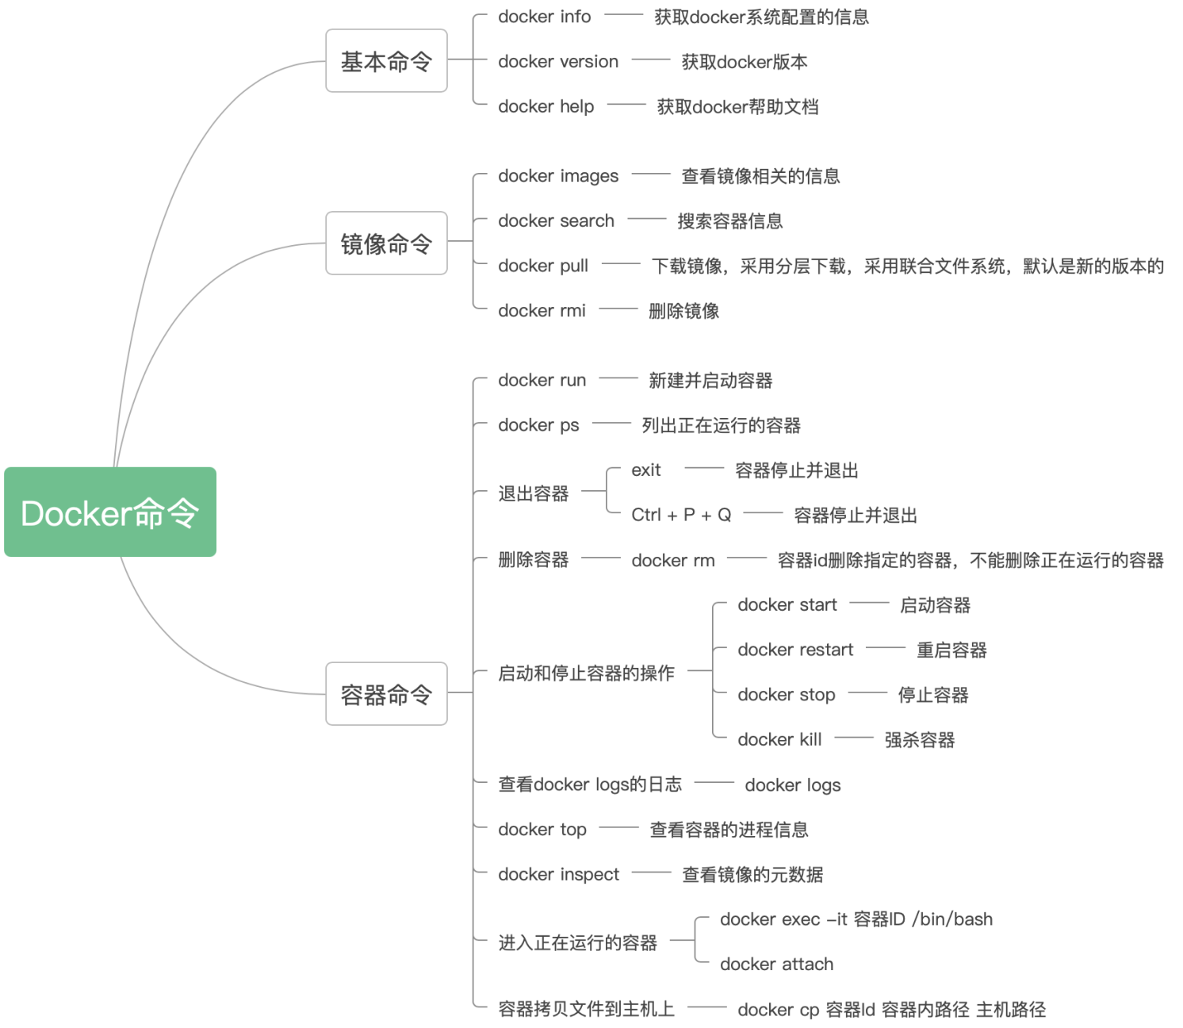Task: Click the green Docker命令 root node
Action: [x=110, y=512]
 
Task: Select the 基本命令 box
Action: [x=386, y=61]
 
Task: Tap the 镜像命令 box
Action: [x=386, y=244]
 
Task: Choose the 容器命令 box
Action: [x=386, y=694]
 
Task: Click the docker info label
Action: [x=544, y=17]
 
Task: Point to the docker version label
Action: [x=557, y=62]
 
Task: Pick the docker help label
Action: [x=546, y=106]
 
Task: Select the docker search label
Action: [x=556, y=221]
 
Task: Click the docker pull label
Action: [x=543, y=266]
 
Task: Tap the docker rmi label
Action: [x=542, y=311]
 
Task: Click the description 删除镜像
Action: [x=683, y=311]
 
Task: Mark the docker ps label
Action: [x=538, y=425]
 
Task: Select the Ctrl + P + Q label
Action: [x=681, y=515]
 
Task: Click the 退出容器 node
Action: [x=533, y=493]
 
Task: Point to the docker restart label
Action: [x=795, y=650]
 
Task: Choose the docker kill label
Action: [x=779, y=739]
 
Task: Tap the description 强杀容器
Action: [x=920, y=740]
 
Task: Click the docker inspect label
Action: [x=558, y=874]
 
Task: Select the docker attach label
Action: [x=776, y=964]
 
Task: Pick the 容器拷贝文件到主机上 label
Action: [x=586, y=1009]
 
